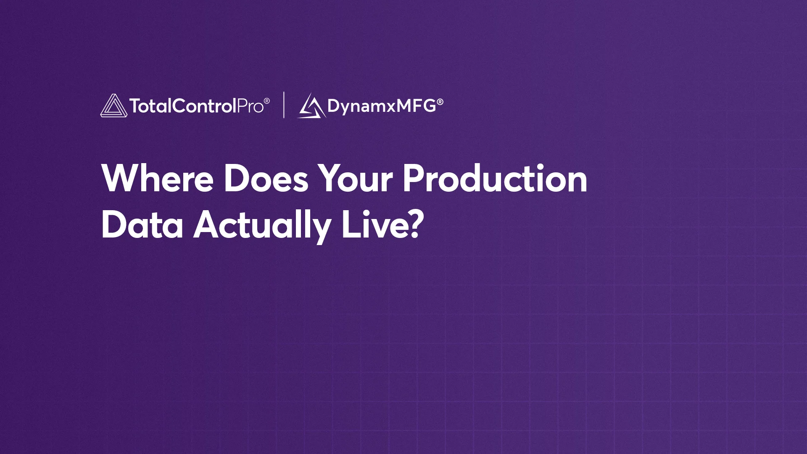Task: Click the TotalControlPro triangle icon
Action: [x=113, y=106]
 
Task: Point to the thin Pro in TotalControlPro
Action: [x=251, y=106]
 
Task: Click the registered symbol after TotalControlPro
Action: [x=267, y=101]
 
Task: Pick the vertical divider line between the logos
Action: [x=284, y=105]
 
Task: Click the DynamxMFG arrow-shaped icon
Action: [x=312, y=106]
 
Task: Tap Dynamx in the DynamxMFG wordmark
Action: [x=361, y=106]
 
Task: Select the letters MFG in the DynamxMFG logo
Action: [x=416, y=106]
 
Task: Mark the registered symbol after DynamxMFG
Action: [x=440, y=102]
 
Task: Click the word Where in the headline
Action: [x=158, y=178]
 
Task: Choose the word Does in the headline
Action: [x=266, y=178]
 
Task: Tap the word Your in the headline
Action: [x=355, y=178]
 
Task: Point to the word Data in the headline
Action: [x=142, y=224]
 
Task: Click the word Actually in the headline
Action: [x=262, y=226]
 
